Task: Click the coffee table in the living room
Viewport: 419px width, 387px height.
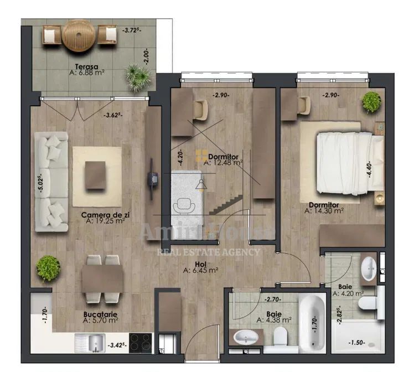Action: coord(96,175)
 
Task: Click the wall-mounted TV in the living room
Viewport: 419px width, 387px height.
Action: coord(152,180)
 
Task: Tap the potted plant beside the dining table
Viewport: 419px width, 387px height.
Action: coord(48,268)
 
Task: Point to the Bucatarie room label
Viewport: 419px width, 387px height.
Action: coord(100,314)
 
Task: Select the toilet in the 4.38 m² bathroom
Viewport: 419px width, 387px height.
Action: coord(281,339)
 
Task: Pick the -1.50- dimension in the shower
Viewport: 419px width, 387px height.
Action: coord(358,343)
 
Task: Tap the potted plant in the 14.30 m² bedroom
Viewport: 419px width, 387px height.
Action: coord(371,101)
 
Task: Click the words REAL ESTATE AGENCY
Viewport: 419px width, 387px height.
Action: coord(209,252)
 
